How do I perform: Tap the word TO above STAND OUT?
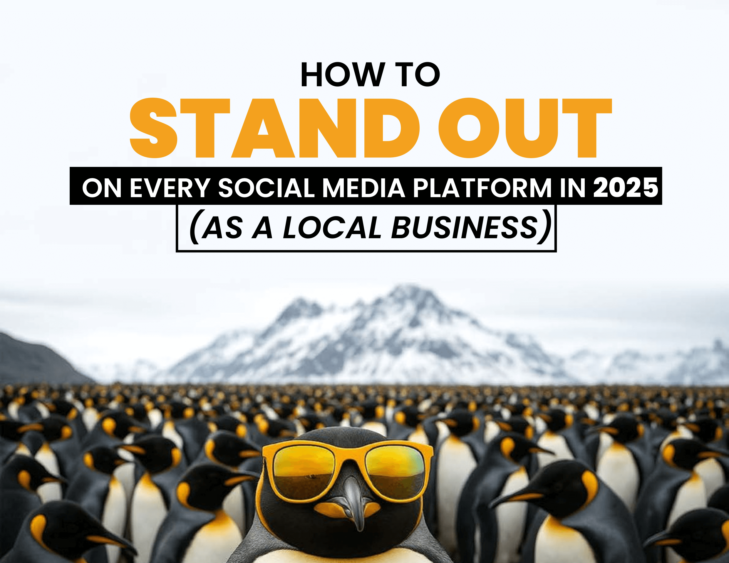tap(418, 75)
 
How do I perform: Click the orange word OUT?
tap(525, 128)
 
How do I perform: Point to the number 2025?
tap(626, 187)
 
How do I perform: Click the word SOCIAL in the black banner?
tap(266, 188)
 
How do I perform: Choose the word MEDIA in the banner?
tap(363, 188)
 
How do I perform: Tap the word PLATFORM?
tap(482, 188)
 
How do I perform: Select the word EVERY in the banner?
tap(170, 188)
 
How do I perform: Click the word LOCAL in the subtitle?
tap(332, 228)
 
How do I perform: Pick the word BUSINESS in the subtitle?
tap(464, 228)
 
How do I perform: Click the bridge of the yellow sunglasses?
tap(350, 457)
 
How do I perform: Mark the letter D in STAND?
tap(391, 128)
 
